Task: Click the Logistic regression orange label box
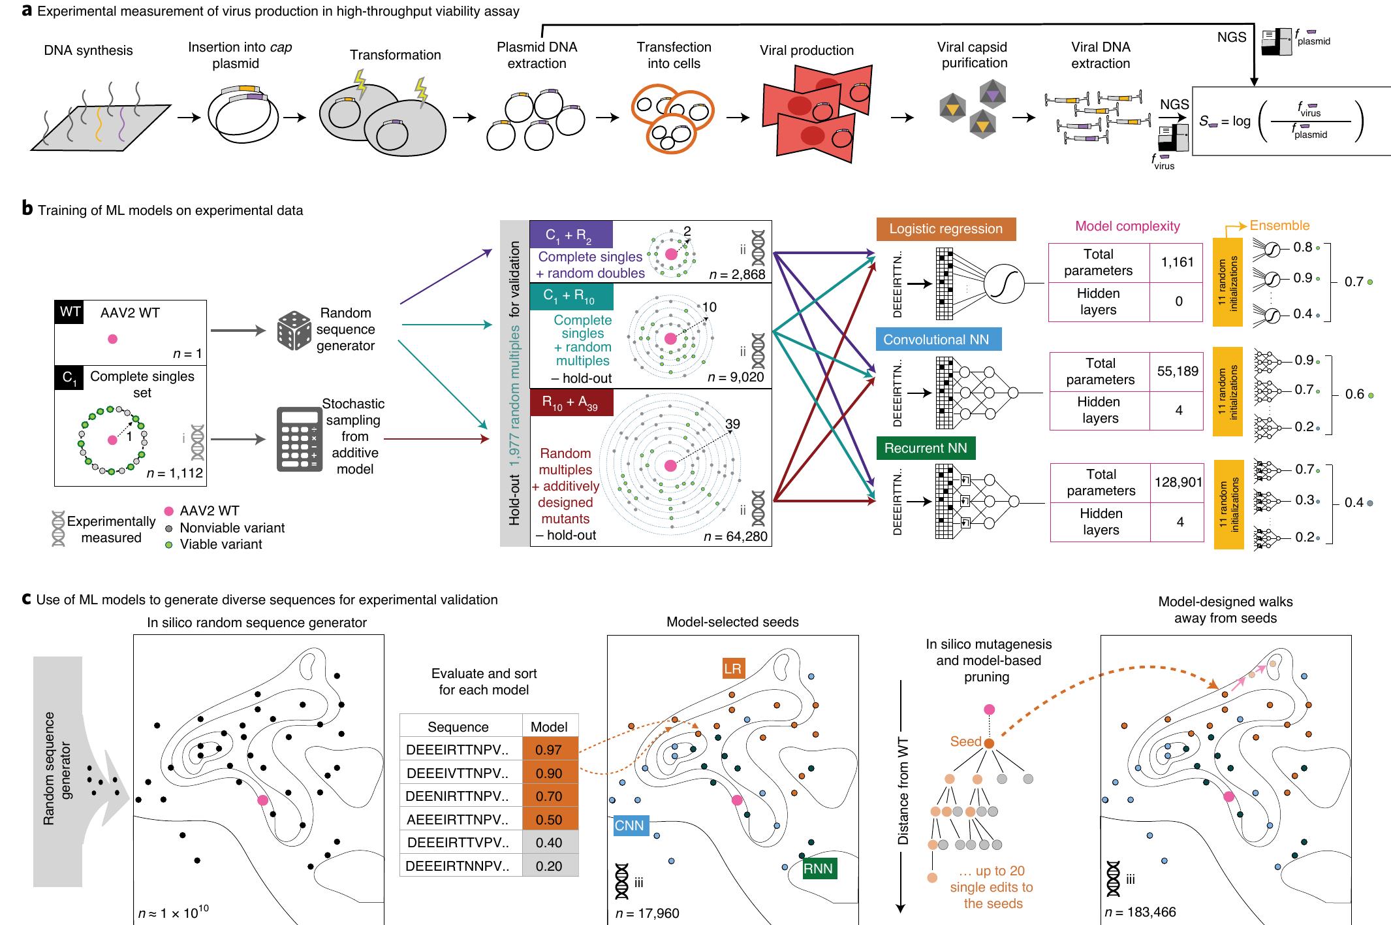click(x=945, y=229)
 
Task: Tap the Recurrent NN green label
click(x=926, y=449)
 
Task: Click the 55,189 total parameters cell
click(x=1177, y=371)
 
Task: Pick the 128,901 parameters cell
click(x=1178, y=482)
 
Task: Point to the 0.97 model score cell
click(x=549, y=751)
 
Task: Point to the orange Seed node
click(x=990, y=743)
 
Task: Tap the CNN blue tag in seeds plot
click(x=630, y=826)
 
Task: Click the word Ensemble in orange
click(x=1279, y=225)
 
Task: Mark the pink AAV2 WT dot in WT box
click(x=112, y=339)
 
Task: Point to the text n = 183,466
click(x=1140, y=912)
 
